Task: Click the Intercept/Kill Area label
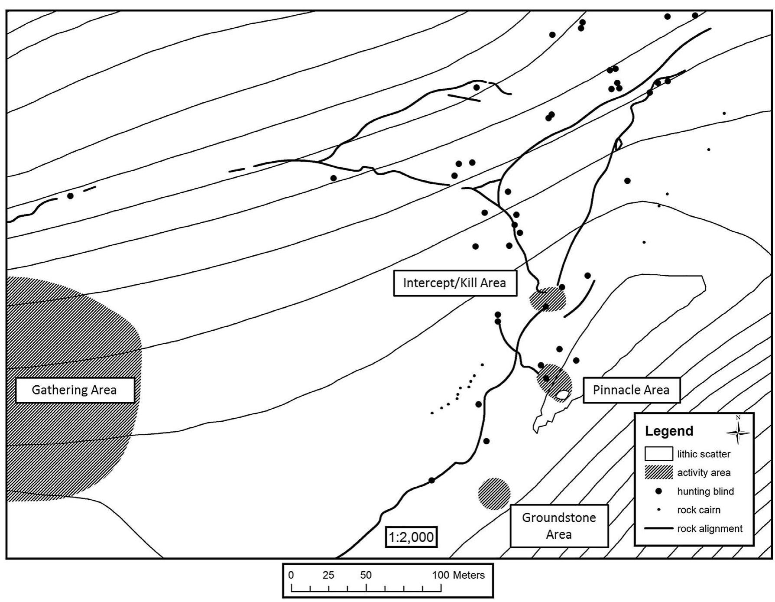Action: point(454,283)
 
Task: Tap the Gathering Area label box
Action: point(75,390)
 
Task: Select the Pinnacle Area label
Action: point(631,390)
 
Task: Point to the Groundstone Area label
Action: point(558,525)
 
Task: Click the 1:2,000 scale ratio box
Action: point(411,537)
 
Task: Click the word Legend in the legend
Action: point(669,431)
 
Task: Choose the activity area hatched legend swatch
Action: point(658,472)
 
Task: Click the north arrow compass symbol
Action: point(738,431)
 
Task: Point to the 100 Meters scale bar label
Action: point(458,575)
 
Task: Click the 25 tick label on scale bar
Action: point(328,575)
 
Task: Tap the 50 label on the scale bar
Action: point(366,575)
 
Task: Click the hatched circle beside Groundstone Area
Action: point(494,494)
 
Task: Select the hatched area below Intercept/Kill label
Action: point(548,299)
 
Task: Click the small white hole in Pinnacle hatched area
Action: point(562,395)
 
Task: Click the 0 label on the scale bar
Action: point(291,575)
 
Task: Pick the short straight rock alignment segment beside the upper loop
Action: point(464,98)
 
